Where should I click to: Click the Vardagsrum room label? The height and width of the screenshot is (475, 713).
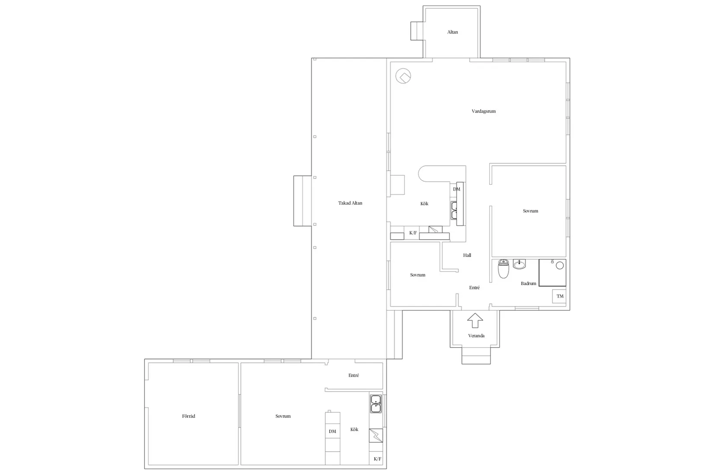pyautogui.click(x=484, y=111)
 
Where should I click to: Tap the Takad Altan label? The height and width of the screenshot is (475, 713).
pyautogui.click(x=350, y=203)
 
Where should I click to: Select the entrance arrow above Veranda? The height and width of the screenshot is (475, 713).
pyautogui.click(x=475, y=320)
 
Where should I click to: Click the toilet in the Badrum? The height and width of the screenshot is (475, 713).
pyautogui.click(x=503, y=269)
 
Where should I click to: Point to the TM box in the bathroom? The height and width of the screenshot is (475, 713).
pyautogui.click(x=560, y=296)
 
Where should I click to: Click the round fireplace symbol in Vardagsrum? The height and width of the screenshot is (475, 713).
pyautogui.click(x=404, y=77)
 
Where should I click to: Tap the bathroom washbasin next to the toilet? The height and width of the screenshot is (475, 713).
pyautogui.click(x=519, y=264)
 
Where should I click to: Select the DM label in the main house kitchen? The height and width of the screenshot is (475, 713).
pyautogui.click(x=456, y=189)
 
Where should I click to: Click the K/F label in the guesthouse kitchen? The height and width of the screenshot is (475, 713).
pyautogui.click(x=377, y=459)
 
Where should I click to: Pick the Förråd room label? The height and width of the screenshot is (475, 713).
pyautogui.click(x=189, y=416)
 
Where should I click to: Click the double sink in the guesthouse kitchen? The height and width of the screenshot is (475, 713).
pyautogui.click(x=376, y=403)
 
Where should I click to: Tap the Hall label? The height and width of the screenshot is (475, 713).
pyautogui.click(x=467, y=255)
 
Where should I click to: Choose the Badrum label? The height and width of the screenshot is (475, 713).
pyautogui.click(x=528, y=284)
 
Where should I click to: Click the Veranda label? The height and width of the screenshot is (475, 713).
pyautogui.click(x=476, y=336)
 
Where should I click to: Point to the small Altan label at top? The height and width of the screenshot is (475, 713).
pyautogui.click(x=452, y=32)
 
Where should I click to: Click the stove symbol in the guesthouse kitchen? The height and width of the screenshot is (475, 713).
pyautogui.click(x=376, y=436)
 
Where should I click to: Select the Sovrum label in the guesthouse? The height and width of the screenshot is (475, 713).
pyautogui.click(x=283, y=416)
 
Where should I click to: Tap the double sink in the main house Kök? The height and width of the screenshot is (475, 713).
pyautogui.click(x=454, y=210)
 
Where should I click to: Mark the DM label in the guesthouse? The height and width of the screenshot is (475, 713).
pyautogui.click(x=332, y=431)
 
